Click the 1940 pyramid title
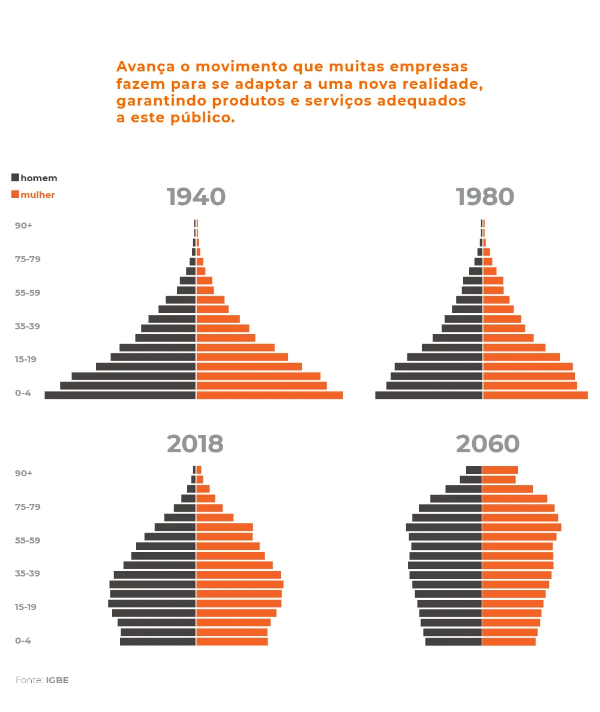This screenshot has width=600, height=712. coord(196,197)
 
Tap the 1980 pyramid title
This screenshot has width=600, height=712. coord(485,197)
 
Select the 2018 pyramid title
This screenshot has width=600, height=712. coord(196,444)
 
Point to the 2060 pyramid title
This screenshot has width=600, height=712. coord(487,444)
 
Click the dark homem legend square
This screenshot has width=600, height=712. coord(15,177)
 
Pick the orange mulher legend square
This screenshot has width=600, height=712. coord(15,194)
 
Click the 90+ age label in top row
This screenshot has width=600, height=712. coord(23,226)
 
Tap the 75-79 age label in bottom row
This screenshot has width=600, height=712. coord(28,507)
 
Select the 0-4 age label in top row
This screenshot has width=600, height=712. coord(23,393)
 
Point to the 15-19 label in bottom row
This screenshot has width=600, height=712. coord(25,607)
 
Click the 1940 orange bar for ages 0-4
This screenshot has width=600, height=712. coord(270,395)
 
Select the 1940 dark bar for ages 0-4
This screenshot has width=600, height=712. coord(120,395)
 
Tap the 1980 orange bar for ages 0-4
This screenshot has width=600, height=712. coord(536,395)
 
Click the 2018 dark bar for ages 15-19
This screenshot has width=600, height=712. coord(152,603)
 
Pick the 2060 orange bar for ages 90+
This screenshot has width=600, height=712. coord(500,470)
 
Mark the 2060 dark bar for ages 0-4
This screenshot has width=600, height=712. coord(453,642)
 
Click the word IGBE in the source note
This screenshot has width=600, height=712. coord(57,680)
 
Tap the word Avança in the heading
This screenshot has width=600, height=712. coord(145,67)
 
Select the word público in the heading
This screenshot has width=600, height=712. coord(203,118)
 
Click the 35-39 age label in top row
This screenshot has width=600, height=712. coord(27,326)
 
